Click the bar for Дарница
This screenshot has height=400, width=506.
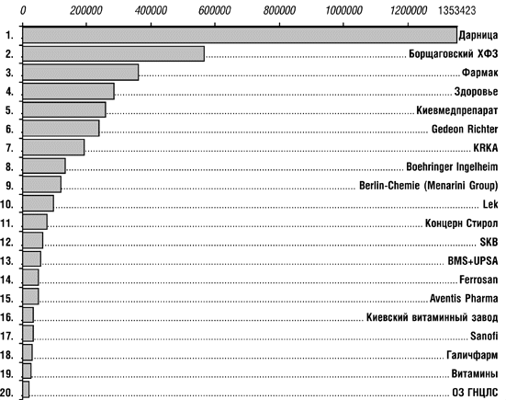(x=240, y=35)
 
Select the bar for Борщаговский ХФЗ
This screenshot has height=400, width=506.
(x=114, y=53)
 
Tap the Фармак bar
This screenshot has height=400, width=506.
(x=81, y=73)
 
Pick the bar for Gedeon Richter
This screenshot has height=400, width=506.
(x=61, y=129)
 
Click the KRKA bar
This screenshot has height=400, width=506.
(x=53, y=147)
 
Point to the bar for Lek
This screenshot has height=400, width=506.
(x=38, y=203)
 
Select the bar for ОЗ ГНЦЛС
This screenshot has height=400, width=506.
(x=26, y=390)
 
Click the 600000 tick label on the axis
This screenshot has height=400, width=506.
(x=214, y=11)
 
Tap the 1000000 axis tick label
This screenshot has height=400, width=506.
(x=343, y=11)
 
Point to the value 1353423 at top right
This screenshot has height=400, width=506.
(x=457, y=11)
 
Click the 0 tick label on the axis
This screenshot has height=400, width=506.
(x=23, y=11)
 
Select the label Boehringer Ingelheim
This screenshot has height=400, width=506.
(x=452, y=166)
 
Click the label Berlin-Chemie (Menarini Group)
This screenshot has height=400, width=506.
(x=429, y=186)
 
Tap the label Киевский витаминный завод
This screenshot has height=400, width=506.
(x=433, y=317)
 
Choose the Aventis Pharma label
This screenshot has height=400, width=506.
(x=464, y=298)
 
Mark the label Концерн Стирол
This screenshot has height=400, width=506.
(x=462, y=223)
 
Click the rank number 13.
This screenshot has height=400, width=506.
(x=7, y=261)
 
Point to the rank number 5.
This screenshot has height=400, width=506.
(x=10, y=110)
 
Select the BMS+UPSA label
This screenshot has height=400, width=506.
(x=473, y=261)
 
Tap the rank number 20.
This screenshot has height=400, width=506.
(x=7, y=393)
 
